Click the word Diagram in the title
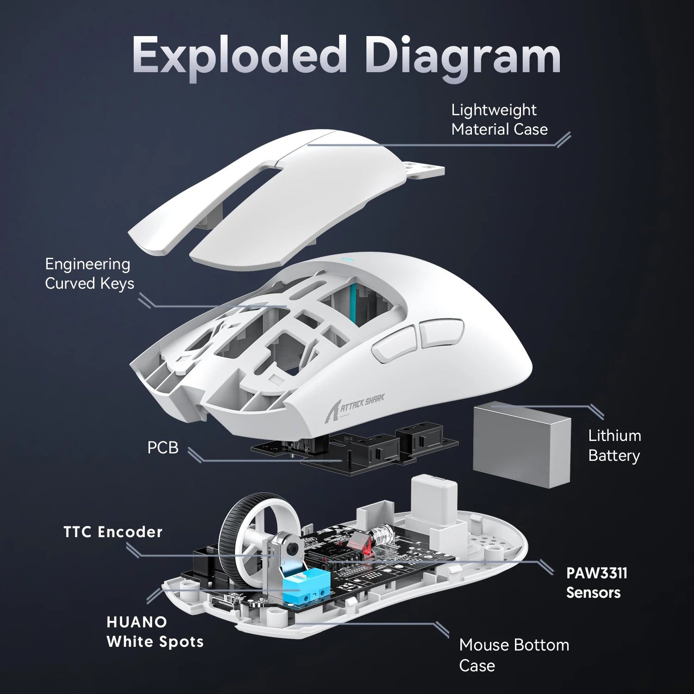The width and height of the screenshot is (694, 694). pyautogui.click(x=463, y=57)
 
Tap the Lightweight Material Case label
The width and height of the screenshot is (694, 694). pyautogui.click(x=499, y=119)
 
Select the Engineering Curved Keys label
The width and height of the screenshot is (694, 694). pyautogui.click(x=89, y=273)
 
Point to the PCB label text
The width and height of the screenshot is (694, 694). pyautogui.click(x=162, y=448)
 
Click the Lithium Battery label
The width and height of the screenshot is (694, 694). pyautogui.click(x=614, y=445)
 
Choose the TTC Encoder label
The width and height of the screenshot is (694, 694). pyautogui.click(x=113, y=532)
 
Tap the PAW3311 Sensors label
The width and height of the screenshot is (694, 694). pyautogui.click(x=596, y=582)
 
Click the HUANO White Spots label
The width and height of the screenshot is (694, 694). pyautogui.click(x=155, y=632)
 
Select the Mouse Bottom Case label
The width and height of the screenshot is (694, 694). pyautogui.click(x=514, y=655)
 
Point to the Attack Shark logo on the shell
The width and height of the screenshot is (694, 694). pyautogui.click(x=361, y=403)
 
